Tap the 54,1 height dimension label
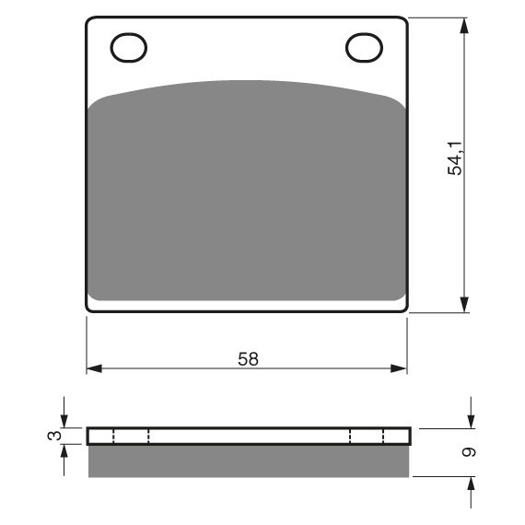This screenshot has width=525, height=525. tap(455, 158)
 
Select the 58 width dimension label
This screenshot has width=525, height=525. tap(248, 359)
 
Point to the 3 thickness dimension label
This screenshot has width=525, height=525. tap(55, 436)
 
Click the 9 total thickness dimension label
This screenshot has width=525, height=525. tap(469, 452)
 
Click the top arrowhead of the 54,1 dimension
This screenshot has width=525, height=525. tap(464, 26)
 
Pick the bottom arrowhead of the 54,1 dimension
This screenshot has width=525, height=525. tap(464, 304)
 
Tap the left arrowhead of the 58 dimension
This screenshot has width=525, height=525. tap(95, 368)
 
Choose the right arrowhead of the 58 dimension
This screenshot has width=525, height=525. tap(399, 368)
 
